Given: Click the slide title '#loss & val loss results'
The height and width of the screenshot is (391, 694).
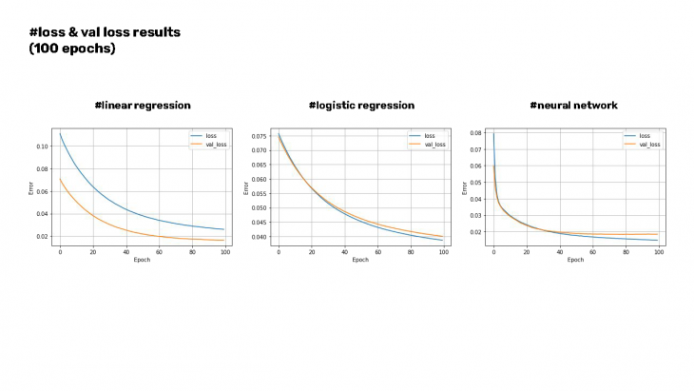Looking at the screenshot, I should [x=105, y=32].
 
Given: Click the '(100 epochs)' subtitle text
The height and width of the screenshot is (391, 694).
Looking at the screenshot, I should [x=72, y=49].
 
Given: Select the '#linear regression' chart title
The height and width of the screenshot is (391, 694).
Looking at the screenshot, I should [x=143, y=105].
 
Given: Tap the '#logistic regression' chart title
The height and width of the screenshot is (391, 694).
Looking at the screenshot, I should [x=361, y=105].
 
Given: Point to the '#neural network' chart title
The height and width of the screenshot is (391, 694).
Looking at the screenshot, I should [x=573, y=105].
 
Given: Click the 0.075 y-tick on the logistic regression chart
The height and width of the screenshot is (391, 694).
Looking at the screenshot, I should [x=260, y=137].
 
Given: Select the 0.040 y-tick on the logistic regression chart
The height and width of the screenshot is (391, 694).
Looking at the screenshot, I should [x=260, y=237].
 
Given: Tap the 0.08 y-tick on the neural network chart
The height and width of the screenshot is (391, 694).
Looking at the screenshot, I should [x=478, y=134].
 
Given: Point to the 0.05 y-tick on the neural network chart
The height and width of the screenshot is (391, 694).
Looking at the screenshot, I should [x=478, y=183].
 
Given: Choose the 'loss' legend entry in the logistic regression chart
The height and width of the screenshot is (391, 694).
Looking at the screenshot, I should [x=429, y=136].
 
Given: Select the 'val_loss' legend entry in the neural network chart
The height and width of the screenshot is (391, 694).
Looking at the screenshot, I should [x=648, y=145].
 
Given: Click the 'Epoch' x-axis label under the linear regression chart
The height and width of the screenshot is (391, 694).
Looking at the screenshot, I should [x=143, y=259].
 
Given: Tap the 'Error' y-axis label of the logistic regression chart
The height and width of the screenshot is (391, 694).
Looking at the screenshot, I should [x=246, y=187].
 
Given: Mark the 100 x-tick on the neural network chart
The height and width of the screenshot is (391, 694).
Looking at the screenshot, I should [x=658, y=251].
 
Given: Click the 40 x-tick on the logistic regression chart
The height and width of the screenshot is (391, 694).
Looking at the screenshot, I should [x=344, y=251].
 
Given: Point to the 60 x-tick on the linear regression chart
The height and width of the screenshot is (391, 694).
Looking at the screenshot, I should [x=159, y=251].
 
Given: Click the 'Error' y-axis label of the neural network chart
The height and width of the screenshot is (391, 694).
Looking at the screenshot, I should [x=465, y=187].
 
